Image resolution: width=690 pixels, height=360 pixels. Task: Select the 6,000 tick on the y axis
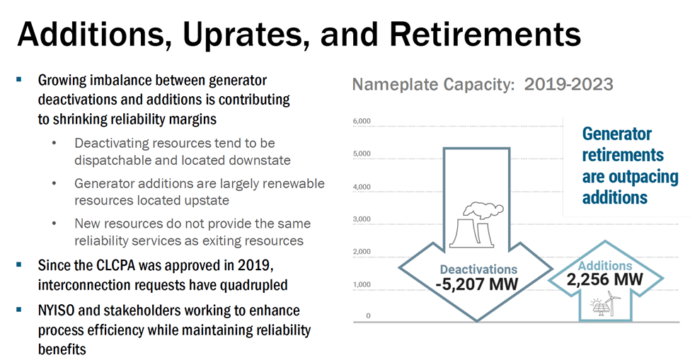coord(362,122)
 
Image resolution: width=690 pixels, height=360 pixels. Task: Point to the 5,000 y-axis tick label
coord(362,154)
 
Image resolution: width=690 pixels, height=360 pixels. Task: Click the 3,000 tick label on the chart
coord(362,220)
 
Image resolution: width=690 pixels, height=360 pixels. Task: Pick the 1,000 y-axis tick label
coord(362,284)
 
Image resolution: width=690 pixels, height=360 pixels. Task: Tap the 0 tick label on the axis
coord(368,316)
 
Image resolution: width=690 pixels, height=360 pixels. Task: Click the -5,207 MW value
coord(478,285)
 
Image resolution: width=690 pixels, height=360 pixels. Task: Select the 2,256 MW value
coord(605,279)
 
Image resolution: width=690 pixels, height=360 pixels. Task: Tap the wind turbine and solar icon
coord(605,305)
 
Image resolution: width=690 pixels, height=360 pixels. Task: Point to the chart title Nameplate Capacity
coord(433,86)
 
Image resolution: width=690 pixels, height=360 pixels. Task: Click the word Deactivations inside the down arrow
coord(478,269)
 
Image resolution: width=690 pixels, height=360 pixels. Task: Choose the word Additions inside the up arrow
coord(605,265)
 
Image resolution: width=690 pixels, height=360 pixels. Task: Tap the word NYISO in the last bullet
coord(59,310)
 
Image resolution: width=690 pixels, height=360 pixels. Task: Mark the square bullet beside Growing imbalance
coord(19,81)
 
